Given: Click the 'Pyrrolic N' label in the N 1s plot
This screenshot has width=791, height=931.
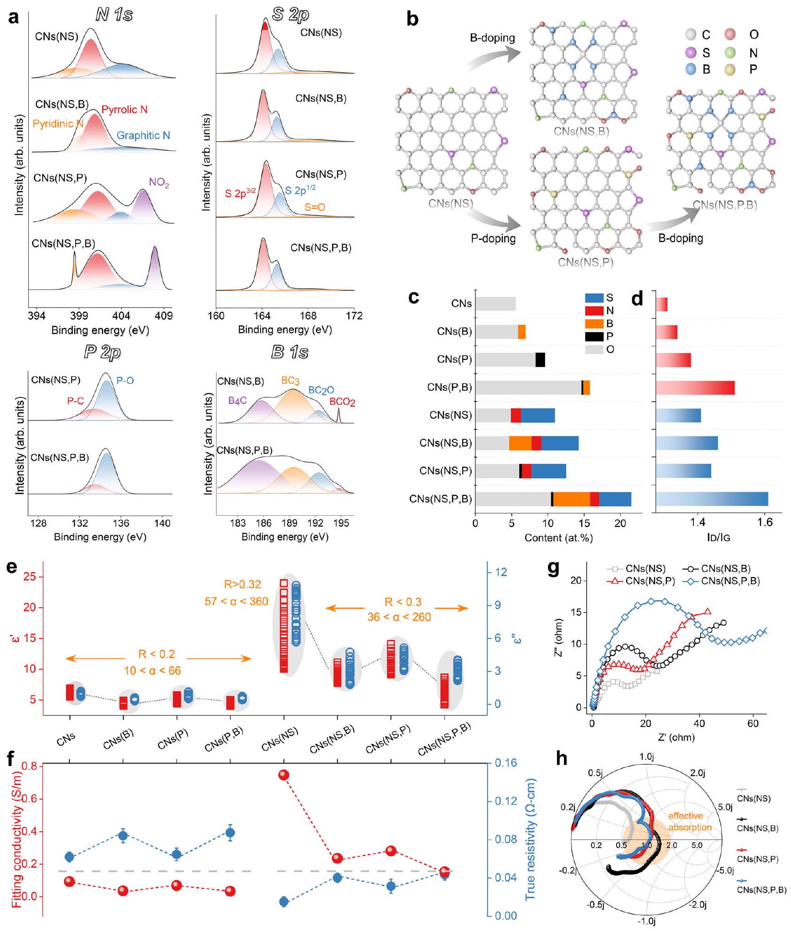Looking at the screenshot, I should click(x=124, y=110).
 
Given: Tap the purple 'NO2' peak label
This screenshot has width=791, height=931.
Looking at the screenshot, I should click(x=159, y=183).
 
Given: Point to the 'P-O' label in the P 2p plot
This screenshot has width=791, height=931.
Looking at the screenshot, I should click(x=125, y=380).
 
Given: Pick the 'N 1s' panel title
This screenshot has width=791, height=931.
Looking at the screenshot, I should click(x=114, y=15).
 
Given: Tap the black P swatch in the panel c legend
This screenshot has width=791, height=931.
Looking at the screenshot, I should click(x=594, y=336).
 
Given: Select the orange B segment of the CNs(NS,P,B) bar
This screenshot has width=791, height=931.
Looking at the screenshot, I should click(x=571, y=499).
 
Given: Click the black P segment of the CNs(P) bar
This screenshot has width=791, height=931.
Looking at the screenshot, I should click(x=540, y=360).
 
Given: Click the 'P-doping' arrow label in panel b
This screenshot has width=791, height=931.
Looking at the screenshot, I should click(x=493, y=238).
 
